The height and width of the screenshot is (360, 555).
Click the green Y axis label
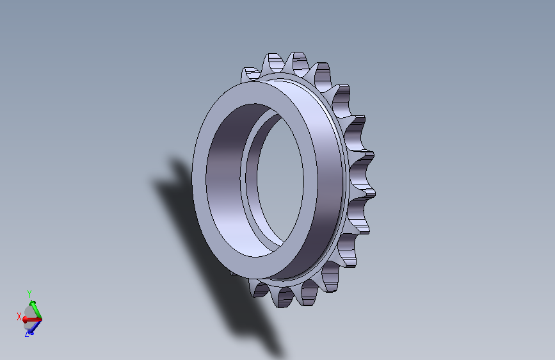tap(29, 294)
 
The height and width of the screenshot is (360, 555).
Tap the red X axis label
tap(19, 317)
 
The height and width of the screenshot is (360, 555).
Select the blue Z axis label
tap(27, 334)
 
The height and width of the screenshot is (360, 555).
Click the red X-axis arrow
tap(32, 320)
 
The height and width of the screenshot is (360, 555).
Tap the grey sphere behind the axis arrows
tap(29, 317)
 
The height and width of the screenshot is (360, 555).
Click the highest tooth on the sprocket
tap(297, 63)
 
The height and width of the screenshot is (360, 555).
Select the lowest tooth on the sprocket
tap(286, 297)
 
